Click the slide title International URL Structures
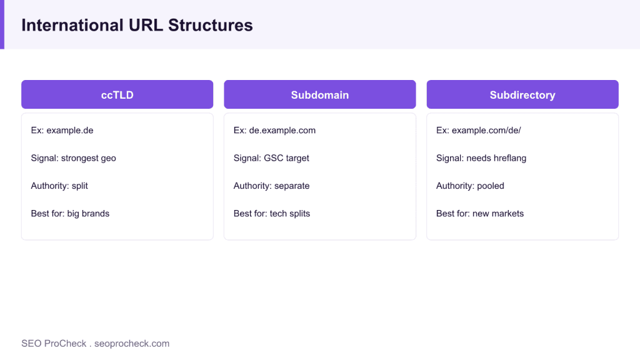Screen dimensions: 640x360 point(137,25)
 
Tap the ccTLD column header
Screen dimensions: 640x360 point(117,94)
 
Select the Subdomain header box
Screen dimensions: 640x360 point(320,94)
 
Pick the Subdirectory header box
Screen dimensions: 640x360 point(522,94)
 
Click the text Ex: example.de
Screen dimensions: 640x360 point(62,131)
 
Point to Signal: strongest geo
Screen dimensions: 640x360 point(74,158)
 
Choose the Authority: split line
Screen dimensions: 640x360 point(59,186)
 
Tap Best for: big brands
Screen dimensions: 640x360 point(70,214)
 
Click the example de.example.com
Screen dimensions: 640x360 point(282,131)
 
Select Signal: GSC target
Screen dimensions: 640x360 point(271,158)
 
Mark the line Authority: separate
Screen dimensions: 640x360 point(271,186)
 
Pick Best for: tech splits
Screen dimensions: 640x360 point(272,214)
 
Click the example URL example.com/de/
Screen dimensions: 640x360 point(486,131)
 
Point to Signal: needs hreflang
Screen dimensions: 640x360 point(481,158)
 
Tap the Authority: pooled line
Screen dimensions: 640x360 point(470,186)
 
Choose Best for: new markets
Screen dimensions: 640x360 point(480,214)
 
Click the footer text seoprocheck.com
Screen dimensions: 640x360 point(132,344)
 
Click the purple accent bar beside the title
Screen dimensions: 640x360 point(2,24)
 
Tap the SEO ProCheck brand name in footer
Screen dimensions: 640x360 point(54,344)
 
